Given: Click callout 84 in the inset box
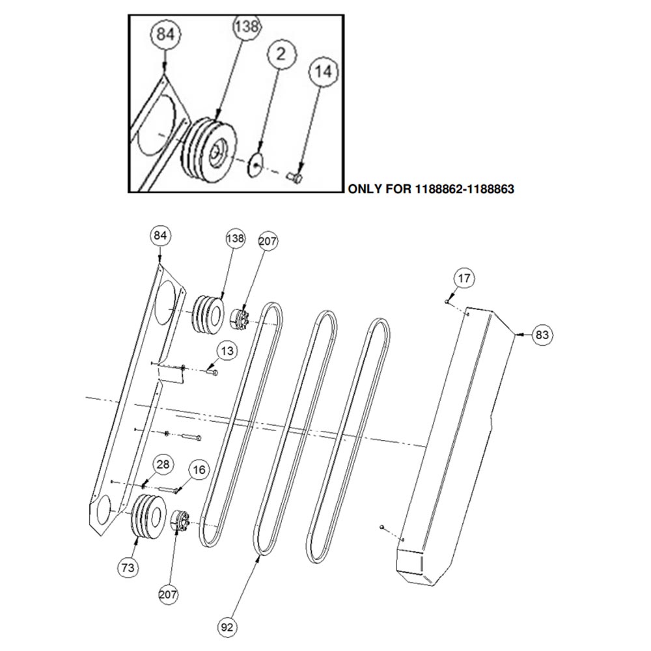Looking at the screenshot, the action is click(165, 34).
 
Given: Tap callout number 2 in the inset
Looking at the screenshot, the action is click(281, 54).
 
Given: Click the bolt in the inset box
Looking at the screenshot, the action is click(294, 177).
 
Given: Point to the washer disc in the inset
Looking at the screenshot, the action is click(256, 165).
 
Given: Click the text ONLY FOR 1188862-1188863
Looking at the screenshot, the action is click(431, 189).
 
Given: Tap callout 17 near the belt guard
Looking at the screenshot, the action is click(464, 278).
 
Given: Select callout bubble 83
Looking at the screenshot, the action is click(542, 334).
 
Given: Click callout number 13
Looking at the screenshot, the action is click(227, 351).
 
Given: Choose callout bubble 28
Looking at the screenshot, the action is click(163, 464).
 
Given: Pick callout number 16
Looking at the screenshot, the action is click(199, 469).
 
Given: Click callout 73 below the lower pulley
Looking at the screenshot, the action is click(128, 567).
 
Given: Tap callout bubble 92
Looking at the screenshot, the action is click(227, 626).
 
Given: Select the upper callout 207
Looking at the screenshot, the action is click(268, 241).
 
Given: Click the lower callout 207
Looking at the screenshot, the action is click(168, 594).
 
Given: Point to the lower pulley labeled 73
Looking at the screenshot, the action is click(147, 516).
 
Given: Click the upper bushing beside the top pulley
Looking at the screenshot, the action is click(239, 319).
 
